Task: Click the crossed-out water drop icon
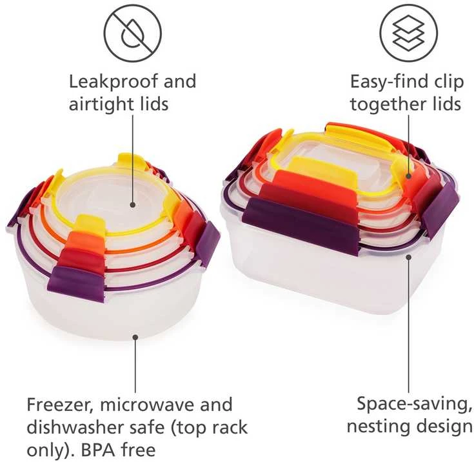(133, 34)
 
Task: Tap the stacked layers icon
(408, 34)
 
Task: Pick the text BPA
(98, 450)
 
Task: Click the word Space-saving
(414, 404)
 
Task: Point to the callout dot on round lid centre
(132, 205)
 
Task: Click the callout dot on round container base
(135, 337)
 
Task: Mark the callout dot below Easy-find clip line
(408, 176)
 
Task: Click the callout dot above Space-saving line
(408, 257)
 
